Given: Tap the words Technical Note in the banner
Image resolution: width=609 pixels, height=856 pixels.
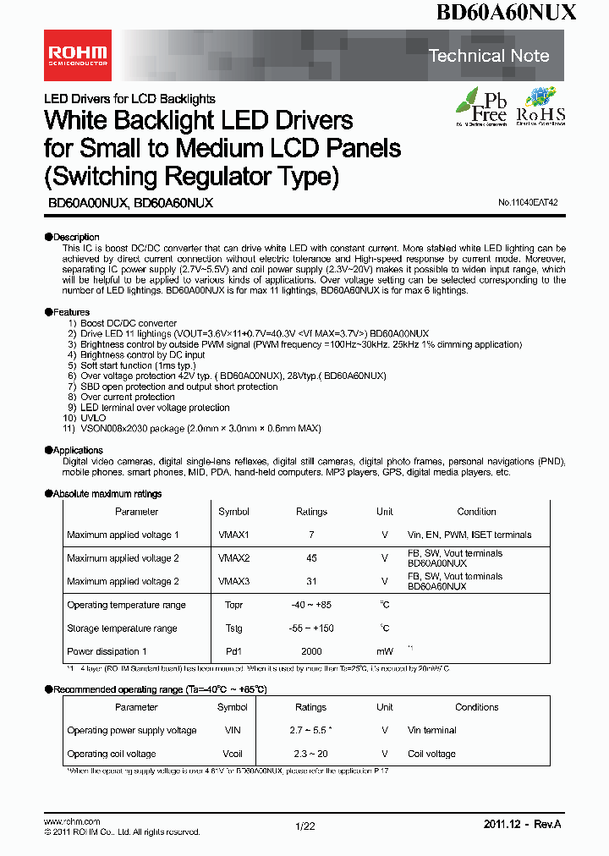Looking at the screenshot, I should tap(489, 56).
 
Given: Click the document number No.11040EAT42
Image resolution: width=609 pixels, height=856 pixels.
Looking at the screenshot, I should tap(528, 204).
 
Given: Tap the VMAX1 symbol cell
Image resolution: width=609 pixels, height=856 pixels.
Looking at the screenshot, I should tap(233, 535).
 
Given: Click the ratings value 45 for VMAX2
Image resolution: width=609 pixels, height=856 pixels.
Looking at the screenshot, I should tap(310, 558).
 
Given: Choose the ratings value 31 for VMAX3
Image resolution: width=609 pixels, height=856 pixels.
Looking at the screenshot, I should tap(310, 581).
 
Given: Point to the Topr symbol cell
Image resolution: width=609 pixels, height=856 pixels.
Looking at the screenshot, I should tap(233, 605).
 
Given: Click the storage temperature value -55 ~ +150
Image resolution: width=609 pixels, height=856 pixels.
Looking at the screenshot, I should tap(310, 628).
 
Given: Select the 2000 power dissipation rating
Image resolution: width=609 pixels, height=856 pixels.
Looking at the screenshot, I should tap(310, 651).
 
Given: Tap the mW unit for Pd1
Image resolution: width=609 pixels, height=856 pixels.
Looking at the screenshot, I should tap(385, 651).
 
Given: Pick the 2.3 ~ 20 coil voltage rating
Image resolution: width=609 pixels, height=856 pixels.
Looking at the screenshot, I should tap(310, 754).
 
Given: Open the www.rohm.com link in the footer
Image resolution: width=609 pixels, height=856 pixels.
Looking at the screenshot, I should tap(72, 821).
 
